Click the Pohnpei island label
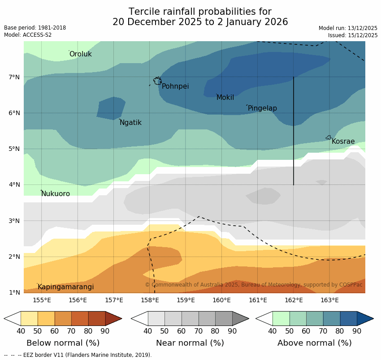point(175,86)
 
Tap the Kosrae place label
point(343,141)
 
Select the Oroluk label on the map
point(80,54)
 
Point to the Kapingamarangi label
point(65,287)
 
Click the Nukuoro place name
point(56,194)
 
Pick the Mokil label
point(225,98)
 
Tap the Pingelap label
point(262,108)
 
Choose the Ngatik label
point(130,123)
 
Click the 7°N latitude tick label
point(14,77)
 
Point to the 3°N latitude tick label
point(14,221)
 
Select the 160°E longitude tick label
point(221,300)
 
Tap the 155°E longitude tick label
point(42,300)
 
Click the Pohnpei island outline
point(157,81)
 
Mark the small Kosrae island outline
point(329,137)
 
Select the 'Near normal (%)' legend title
point(190,343)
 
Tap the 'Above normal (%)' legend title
point(314,343)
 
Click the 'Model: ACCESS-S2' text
point(28,35)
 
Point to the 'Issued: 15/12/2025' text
point(352,35)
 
